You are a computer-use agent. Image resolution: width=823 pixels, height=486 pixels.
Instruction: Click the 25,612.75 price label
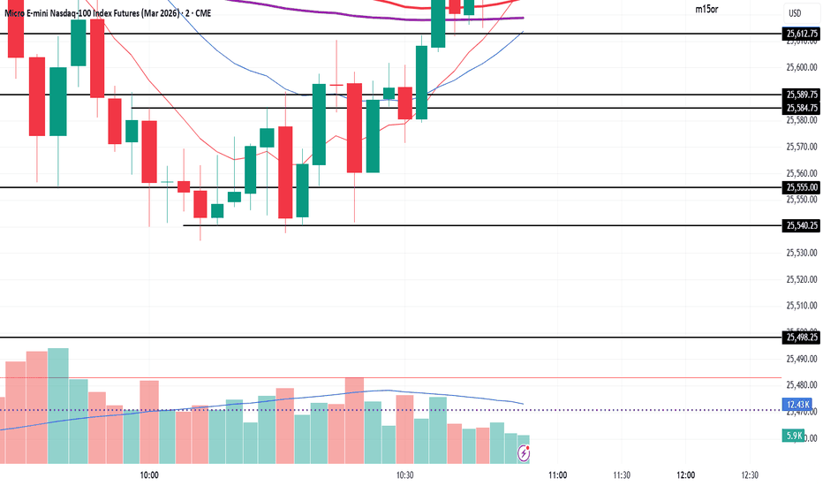(802, 34)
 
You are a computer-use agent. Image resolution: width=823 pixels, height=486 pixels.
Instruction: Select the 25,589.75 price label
(802, 95)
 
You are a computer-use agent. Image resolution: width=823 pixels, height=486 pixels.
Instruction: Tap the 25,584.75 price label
(802, 108)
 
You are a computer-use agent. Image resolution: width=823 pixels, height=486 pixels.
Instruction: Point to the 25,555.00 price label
(802, 187)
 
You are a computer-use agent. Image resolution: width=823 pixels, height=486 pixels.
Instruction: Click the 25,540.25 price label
(802, 226)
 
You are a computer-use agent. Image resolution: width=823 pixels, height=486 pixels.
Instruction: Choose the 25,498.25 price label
(802, 338)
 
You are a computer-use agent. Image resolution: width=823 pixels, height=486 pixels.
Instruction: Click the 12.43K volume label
(799, 405)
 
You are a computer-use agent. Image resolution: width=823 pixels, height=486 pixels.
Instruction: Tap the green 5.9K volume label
(795, 436)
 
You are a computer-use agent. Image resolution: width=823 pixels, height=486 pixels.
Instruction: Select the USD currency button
(795, 12)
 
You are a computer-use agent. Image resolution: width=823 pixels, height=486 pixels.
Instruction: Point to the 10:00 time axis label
(147, 475)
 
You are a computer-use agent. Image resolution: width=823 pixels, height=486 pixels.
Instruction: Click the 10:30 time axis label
(405, 475)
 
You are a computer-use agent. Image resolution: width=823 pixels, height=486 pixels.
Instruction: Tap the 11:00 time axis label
(557, 475)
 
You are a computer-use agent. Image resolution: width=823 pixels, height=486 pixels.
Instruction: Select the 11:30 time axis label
(622, 475)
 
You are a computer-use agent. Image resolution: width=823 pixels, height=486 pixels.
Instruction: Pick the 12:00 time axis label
(686, 475)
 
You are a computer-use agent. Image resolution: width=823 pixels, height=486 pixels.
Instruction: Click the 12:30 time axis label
(751, 475)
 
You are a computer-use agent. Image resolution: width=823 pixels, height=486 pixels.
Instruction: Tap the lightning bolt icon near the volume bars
(525, 453)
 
